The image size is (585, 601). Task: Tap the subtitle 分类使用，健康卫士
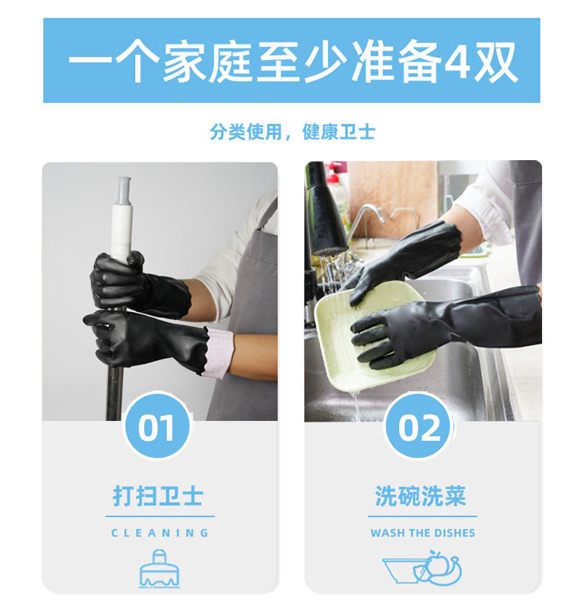pos(292,132)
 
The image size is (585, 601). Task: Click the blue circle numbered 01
pos(157,426)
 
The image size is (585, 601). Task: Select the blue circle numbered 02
pos(418,426)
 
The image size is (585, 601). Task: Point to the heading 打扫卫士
pos(158,496)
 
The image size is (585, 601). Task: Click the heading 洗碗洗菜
pos(421,496)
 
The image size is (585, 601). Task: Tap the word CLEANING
pos(160,533)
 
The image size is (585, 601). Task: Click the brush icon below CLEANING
pos(159,569)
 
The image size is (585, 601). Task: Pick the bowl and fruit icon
pos(422,568)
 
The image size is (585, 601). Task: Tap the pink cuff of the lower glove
pos(218,352)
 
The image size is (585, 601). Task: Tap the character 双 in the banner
pos(495,62)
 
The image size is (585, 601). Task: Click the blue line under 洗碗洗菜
pos(423,517)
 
